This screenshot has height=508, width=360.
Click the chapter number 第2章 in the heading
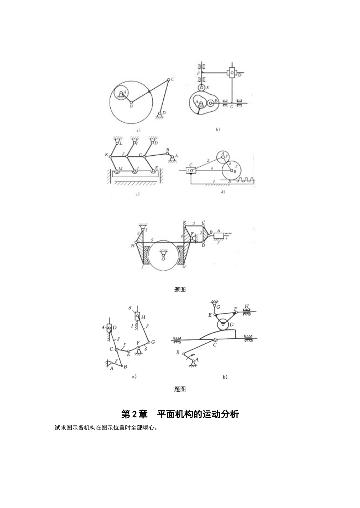pyautogui.click(x=134, y=414)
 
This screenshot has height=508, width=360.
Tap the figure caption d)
pyautogui.click(x=223, y=192)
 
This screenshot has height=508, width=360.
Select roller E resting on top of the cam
pyautogui.click(x=202, y=87)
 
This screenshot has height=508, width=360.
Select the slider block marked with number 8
pyautogui.click(x=137, y=316)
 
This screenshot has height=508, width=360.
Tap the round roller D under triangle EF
pyautogui.click(x=222, y=324)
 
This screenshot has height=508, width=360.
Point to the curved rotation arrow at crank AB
pyautogui.click(x=194, y=355)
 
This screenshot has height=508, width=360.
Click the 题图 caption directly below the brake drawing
pyautogui.click(x=180, y=290)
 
